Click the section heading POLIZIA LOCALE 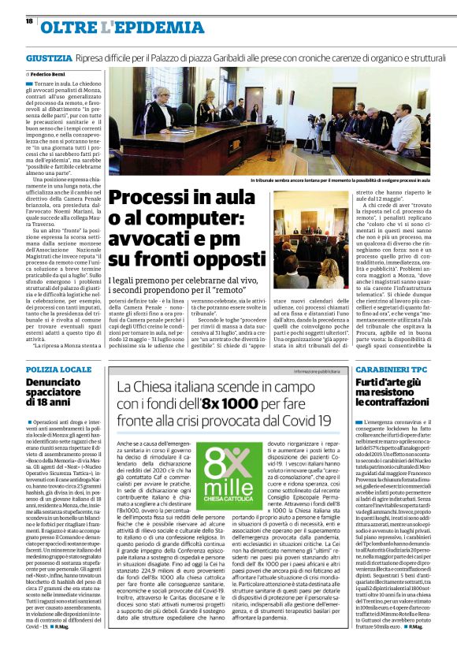point(58,370)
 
